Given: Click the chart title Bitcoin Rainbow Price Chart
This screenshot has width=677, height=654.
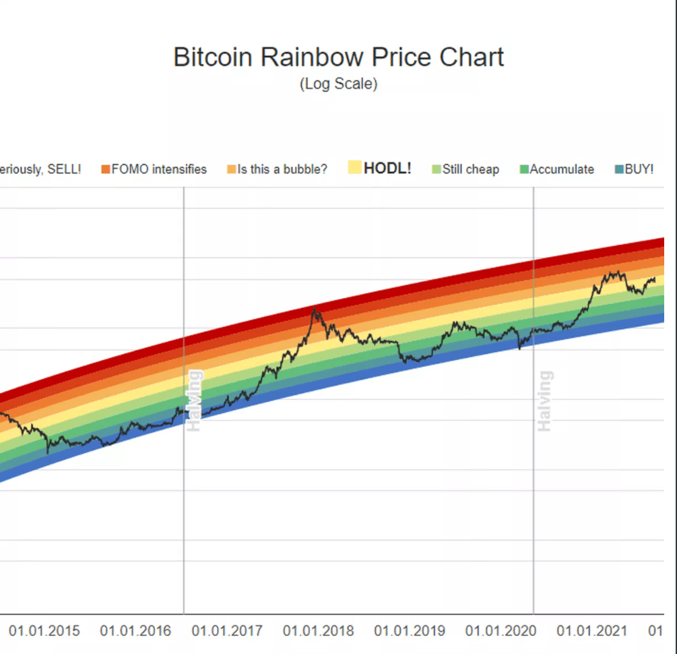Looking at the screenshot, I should click(338, 57).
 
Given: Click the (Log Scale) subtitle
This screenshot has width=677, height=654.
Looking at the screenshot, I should click(338, 84).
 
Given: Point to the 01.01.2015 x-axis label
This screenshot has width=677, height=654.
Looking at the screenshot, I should click(44, 631).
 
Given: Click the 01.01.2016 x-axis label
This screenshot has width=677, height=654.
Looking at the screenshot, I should click(135, 631).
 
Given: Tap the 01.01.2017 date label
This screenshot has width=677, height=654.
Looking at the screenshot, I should click(227, 631).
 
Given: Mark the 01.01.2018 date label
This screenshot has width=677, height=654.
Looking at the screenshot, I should click(318, 631).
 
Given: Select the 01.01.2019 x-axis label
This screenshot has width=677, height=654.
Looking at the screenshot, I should click(410, 631).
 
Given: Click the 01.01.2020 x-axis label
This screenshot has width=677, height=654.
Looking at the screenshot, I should click(501, 631).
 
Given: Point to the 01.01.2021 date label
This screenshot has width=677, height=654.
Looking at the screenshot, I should click(592, 631).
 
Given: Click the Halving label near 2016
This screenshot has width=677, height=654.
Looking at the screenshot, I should click(194, 401).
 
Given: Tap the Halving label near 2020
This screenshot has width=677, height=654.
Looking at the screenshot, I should click(544, 401).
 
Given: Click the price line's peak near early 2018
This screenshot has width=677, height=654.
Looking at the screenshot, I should click(314, 309).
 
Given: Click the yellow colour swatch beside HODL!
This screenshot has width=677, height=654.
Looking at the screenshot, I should click(355, 168).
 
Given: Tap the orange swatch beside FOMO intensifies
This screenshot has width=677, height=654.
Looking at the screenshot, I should click(105, 170).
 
